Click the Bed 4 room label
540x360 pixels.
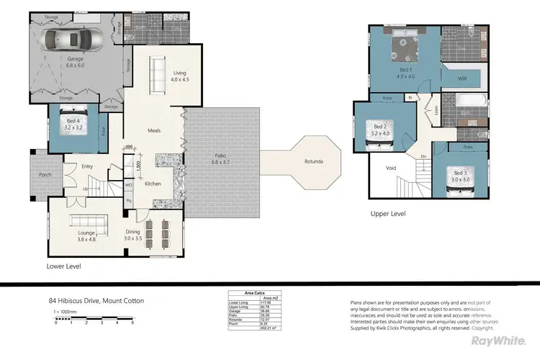pos(73,124)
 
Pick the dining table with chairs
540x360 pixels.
pos(159,234)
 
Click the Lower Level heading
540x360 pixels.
pos(63,266)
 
